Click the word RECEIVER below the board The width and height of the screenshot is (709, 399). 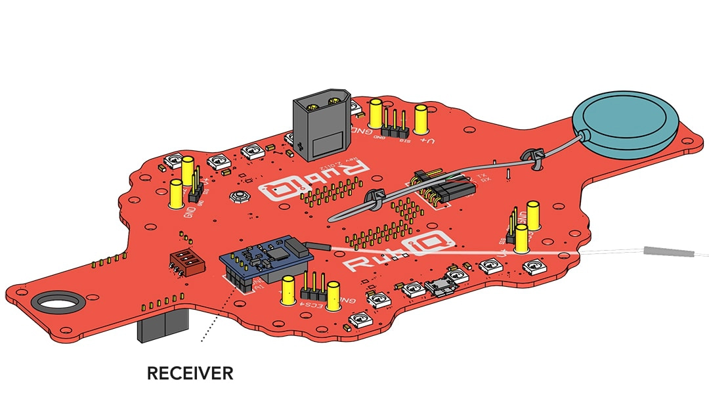(x=190, y=373)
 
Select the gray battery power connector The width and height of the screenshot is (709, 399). (x=320, y=127)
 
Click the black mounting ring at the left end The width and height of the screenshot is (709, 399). (x=59, y=303)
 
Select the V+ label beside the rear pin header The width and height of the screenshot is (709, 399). (x=427, y=140)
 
